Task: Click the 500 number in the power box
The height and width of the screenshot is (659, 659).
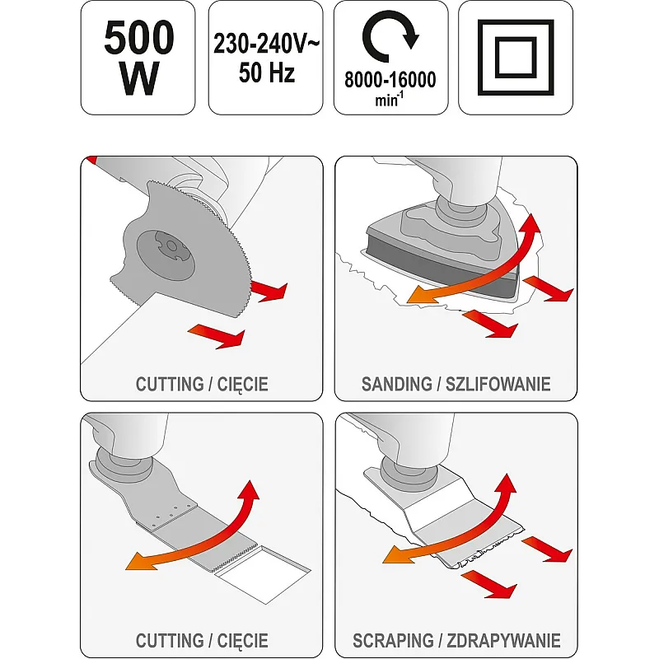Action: pos(138,37)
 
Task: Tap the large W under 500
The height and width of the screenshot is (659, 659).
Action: pos(139,77)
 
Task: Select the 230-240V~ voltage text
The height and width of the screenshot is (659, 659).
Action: pos(266,44)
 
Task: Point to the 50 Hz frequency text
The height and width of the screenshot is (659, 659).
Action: pos(266,72)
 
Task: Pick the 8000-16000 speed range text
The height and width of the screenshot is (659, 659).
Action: pos(390,79)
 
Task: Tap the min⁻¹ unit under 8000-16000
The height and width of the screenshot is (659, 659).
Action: pos(389,100)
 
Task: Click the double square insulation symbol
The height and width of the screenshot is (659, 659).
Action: pos(516,58)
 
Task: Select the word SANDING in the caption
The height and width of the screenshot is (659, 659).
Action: pos(396,384)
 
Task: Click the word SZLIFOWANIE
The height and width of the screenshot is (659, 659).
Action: pos(498,384)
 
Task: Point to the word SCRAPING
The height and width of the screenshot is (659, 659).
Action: pos(393,641)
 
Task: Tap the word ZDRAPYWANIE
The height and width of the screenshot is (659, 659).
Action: pos(503,641)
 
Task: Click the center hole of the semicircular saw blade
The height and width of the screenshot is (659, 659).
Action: pos(171,245)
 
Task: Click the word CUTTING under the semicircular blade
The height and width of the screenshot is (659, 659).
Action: pos(170,384)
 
